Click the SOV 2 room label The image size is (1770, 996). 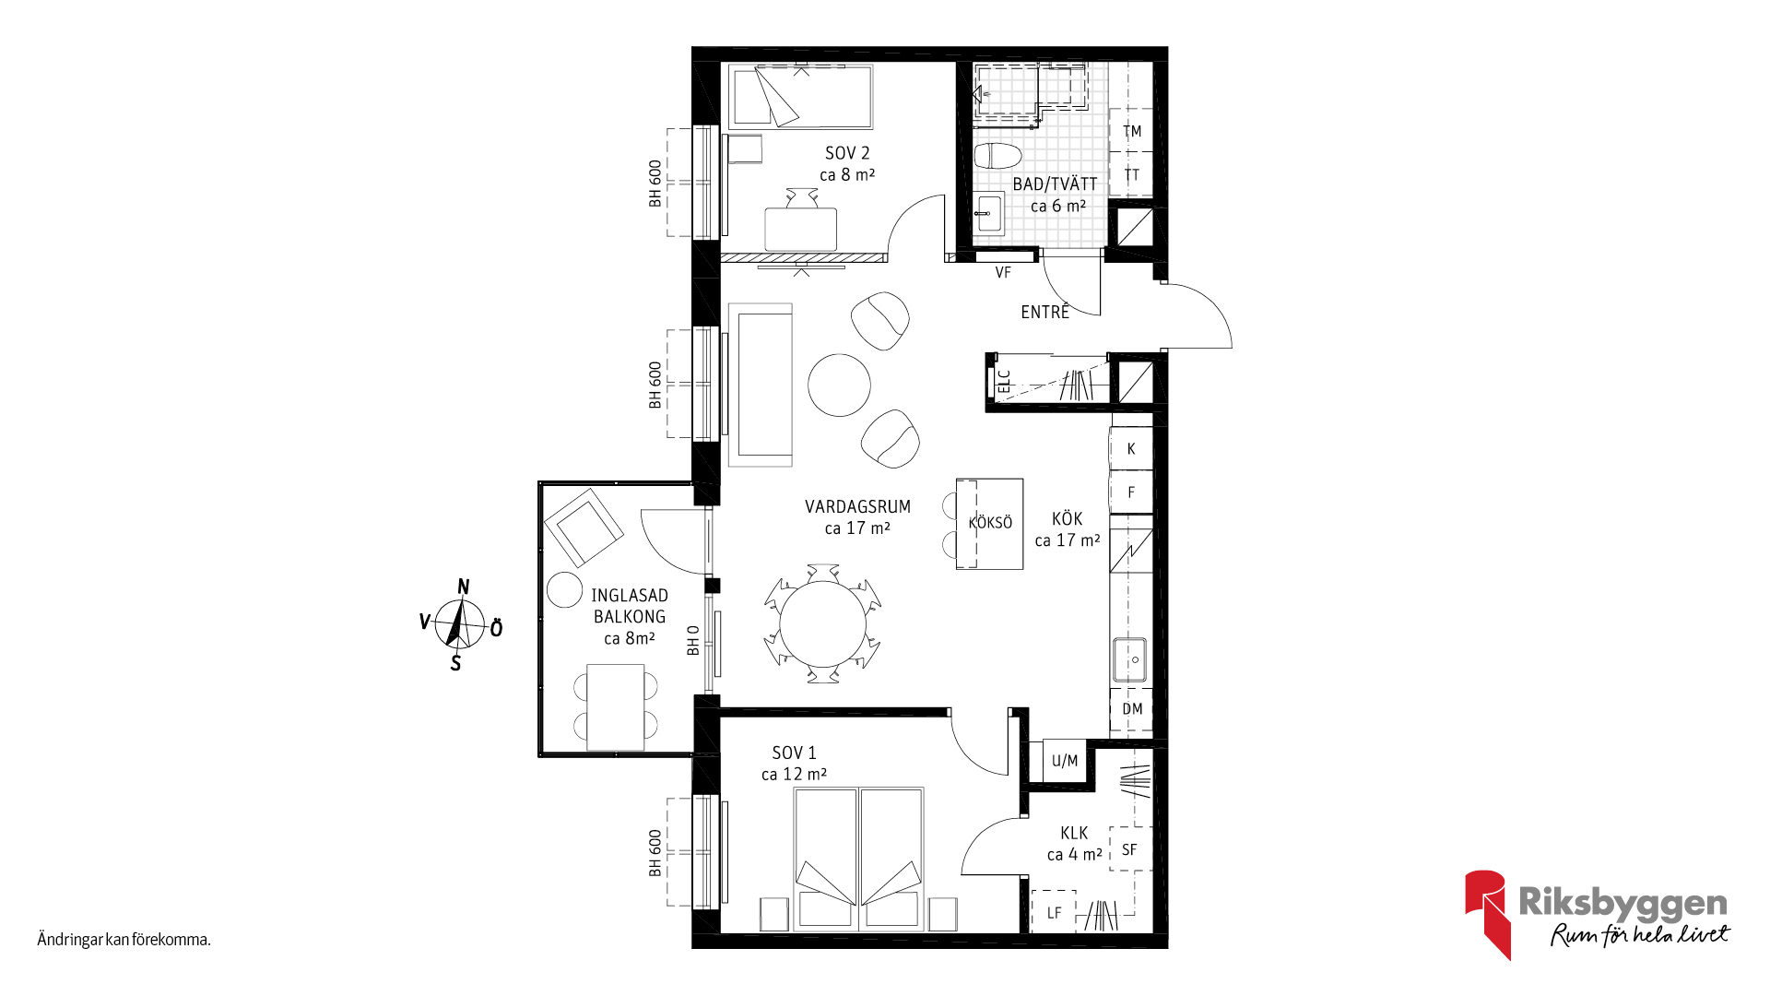pos(847,153)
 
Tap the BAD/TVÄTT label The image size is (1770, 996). pos(1055,184)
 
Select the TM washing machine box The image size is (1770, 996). pos(1131,131)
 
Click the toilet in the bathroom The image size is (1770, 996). pos(997,156)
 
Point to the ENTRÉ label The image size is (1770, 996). pos(1044,313)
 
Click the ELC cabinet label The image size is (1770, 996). pos(1005,382)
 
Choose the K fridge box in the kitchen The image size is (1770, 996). pos(1131,449)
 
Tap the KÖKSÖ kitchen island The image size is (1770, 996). pos(990,523)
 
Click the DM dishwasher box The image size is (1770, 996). pos(1131,709)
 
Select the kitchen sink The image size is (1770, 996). pos(1129,660)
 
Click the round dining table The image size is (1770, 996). pos(823,623)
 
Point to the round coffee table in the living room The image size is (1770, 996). pos(839,385)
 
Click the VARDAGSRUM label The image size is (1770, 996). pos(857,506)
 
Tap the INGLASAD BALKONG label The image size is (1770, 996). pos(630,606)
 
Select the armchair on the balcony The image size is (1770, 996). pos(584,528)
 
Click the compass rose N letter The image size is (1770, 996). pos(464,587)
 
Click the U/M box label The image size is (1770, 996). pos(1065,761)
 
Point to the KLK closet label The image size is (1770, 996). pos(1074,833)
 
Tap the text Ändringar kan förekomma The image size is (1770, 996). pos(124,940)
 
